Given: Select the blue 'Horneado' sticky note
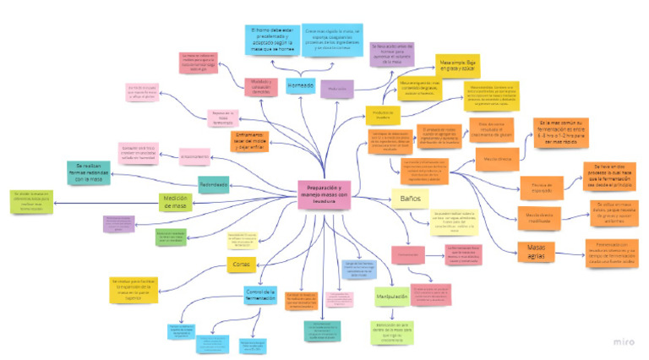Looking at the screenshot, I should point(300,85).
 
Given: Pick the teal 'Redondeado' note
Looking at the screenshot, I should point(213,183).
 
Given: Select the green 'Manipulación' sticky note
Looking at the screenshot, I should point(391,297).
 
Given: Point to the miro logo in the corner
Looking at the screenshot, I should point(624,343).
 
